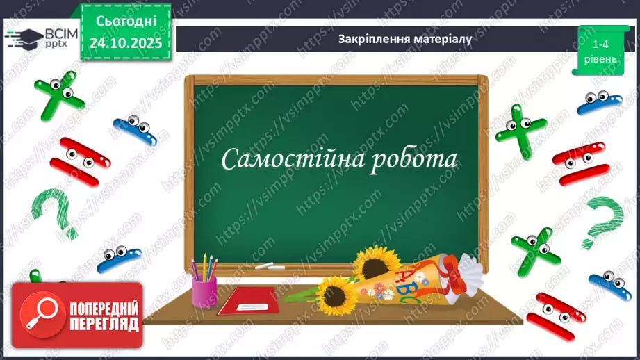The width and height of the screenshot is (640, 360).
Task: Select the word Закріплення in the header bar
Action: tap(368, 39)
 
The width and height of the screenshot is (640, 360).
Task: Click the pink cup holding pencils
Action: tap(204, 291)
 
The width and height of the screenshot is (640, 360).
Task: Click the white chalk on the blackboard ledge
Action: tap(265, 266)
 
